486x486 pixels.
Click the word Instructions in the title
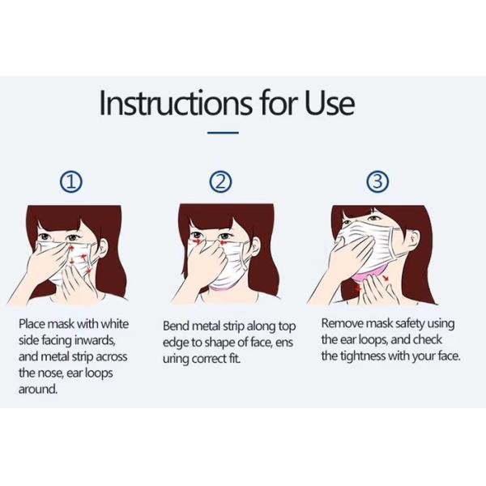(176, 103)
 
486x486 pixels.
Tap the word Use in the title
(330, 103)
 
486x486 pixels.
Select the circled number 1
(71, 182)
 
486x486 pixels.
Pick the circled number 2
(220, 181)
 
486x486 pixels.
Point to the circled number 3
(377, 181)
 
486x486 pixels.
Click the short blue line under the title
(223, 133)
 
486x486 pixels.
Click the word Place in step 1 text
(32, 324)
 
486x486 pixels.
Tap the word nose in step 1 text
(51, 373)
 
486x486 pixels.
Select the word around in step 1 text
(38, 389)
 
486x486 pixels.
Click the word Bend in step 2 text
(176, 326)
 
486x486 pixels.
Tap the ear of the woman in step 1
(104, 247)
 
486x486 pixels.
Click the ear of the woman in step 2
(256, 246)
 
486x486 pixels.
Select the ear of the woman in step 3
(415, 237)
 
